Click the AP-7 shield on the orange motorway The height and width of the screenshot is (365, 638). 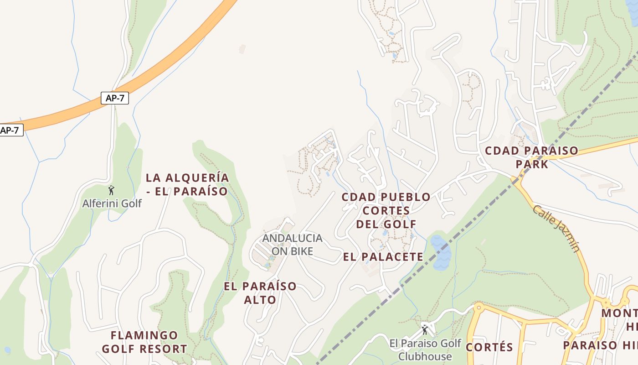point(114,98)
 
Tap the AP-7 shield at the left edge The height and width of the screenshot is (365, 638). point(10,130)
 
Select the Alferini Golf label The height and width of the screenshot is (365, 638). point(112,203)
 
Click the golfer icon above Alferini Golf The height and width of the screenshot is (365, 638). point(111,190)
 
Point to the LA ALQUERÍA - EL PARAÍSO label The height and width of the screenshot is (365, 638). point(187,184)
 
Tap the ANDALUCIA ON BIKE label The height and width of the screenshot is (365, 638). point(292,245)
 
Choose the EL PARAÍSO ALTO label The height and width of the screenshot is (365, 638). point(260,293)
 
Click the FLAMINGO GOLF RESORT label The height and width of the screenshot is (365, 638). point(144,342)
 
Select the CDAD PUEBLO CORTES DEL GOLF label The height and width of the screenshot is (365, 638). point(386,210)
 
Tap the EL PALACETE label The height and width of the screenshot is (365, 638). point(383,257)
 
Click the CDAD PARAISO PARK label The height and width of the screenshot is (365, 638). point(531,157)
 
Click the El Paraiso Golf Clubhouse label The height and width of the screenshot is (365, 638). point(425,350)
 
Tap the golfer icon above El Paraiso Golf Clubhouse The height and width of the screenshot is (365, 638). point(425,329)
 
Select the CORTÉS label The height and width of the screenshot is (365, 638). point(489,347)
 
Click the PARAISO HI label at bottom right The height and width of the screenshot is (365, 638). point(600,345)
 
